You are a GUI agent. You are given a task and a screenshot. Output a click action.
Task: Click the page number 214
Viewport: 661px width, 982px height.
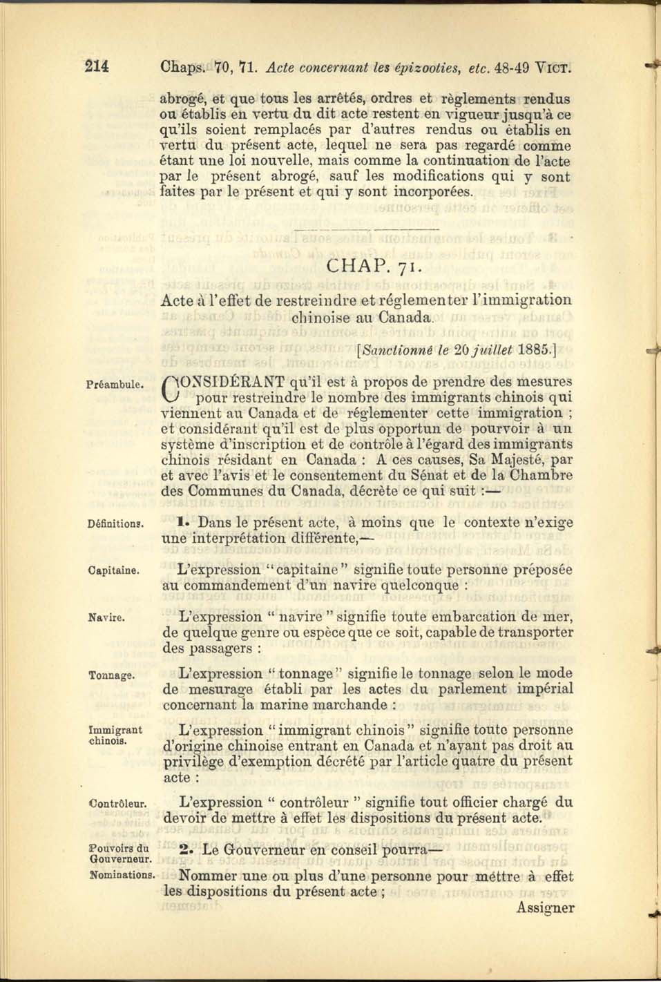click(97, 67)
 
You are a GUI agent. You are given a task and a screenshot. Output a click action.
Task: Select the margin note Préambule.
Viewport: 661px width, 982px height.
click(115, 384)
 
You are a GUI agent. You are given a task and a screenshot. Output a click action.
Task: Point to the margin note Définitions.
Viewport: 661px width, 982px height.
click(115, 524)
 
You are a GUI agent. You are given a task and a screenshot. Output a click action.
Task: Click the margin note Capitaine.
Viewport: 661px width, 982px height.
click(114, 571)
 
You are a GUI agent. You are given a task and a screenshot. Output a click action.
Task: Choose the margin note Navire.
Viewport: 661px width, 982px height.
click(106, 617)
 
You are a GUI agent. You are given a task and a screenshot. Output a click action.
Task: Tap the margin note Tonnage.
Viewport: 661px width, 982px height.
click(111, 675)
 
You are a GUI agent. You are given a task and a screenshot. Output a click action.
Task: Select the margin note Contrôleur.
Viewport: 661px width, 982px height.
click(117, 804)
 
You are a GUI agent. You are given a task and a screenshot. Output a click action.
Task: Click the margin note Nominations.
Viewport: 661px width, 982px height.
click(122, 875)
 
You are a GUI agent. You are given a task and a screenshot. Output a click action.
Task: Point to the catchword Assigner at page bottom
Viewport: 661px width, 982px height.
click(545, 908)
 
